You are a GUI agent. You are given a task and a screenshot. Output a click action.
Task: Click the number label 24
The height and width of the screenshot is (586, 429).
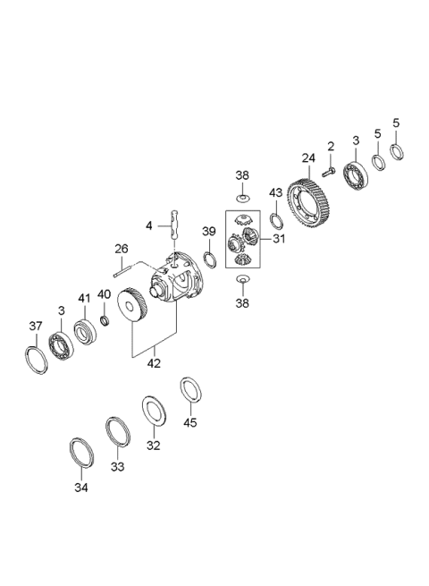pyautogui.click(x=307, y=158)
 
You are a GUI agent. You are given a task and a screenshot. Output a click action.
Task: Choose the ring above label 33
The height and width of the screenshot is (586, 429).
pyautogui.click(x=117, y=430)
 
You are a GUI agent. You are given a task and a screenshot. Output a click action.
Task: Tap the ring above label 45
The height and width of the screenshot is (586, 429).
pyautogui.click(x=191, y=390)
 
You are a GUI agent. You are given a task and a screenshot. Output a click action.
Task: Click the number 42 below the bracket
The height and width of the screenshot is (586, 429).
pyautogui.click(x=154, y=363)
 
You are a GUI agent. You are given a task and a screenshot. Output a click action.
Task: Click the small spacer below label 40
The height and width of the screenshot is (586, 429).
pyautogui.click(x=105, y=320)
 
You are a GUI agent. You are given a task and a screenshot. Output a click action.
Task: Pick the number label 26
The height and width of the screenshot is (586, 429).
pyautogui.click(x=121, y=248)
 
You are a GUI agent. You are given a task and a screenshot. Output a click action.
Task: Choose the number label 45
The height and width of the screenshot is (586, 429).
pyautogui.click(x=190, y=423)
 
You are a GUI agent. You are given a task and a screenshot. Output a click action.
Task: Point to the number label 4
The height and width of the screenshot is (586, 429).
pyautogui.click(x=149, y=225)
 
